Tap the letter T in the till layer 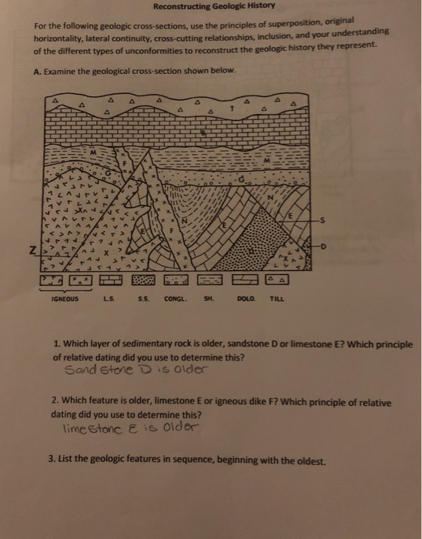point(232,111)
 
